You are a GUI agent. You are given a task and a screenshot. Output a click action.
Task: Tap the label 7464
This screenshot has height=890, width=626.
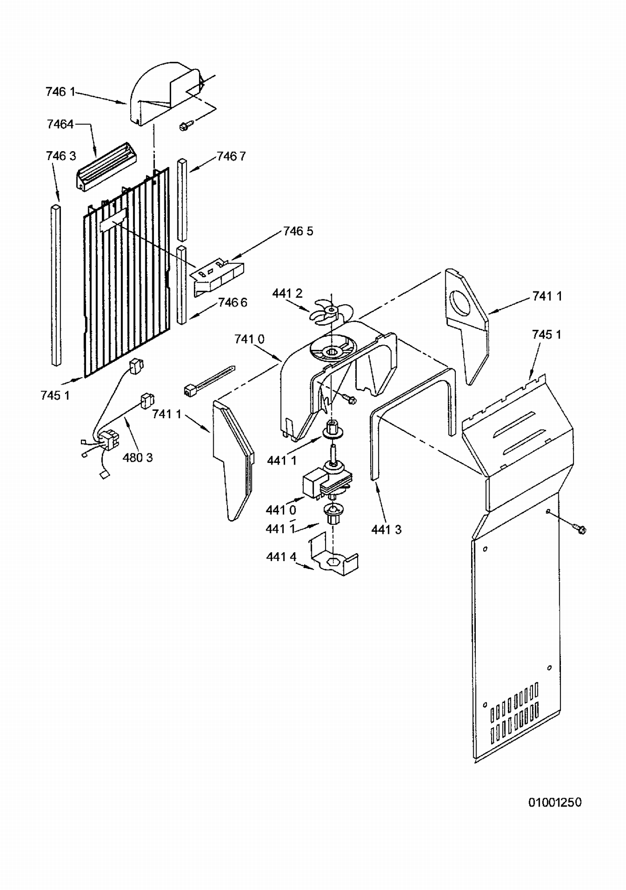[x=60, y=124]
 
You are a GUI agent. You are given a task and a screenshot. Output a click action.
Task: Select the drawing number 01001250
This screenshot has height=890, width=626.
[x=555, y=802]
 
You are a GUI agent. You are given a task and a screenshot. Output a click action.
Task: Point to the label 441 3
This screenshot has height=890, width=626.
[x=386, y=530]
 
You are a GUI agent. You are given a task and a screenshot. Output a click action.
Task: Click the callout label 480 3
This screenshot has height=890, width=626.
[x=138, y=458]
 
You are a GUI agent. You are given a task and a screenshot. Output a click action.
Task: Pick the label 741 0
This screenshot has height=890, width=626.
[x=249, y=339]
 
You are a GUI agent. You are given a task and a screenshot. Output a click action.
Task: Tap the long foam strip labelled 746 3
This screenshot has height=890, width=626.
[x=56, y=285]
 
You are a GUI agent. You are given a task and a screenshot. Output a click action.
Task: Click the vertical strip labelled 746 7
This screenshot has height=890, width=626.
[x=182, y=200]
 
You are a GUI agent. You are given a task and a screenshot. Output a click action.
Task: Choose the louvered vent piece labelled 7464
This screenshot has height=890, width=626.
[x=106, y=167]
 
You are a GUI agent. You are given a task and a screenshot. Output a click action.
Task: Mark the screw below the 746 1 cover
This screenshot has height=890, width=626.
[x=186, y=125]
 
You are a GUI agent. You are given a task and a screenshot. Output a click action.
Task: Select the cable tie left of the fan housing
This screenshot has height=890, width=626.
[x=209, y=379]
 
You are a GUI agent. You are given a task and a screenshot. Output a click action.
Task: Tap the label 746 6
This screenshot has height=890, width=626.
[x=232, y=302]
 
